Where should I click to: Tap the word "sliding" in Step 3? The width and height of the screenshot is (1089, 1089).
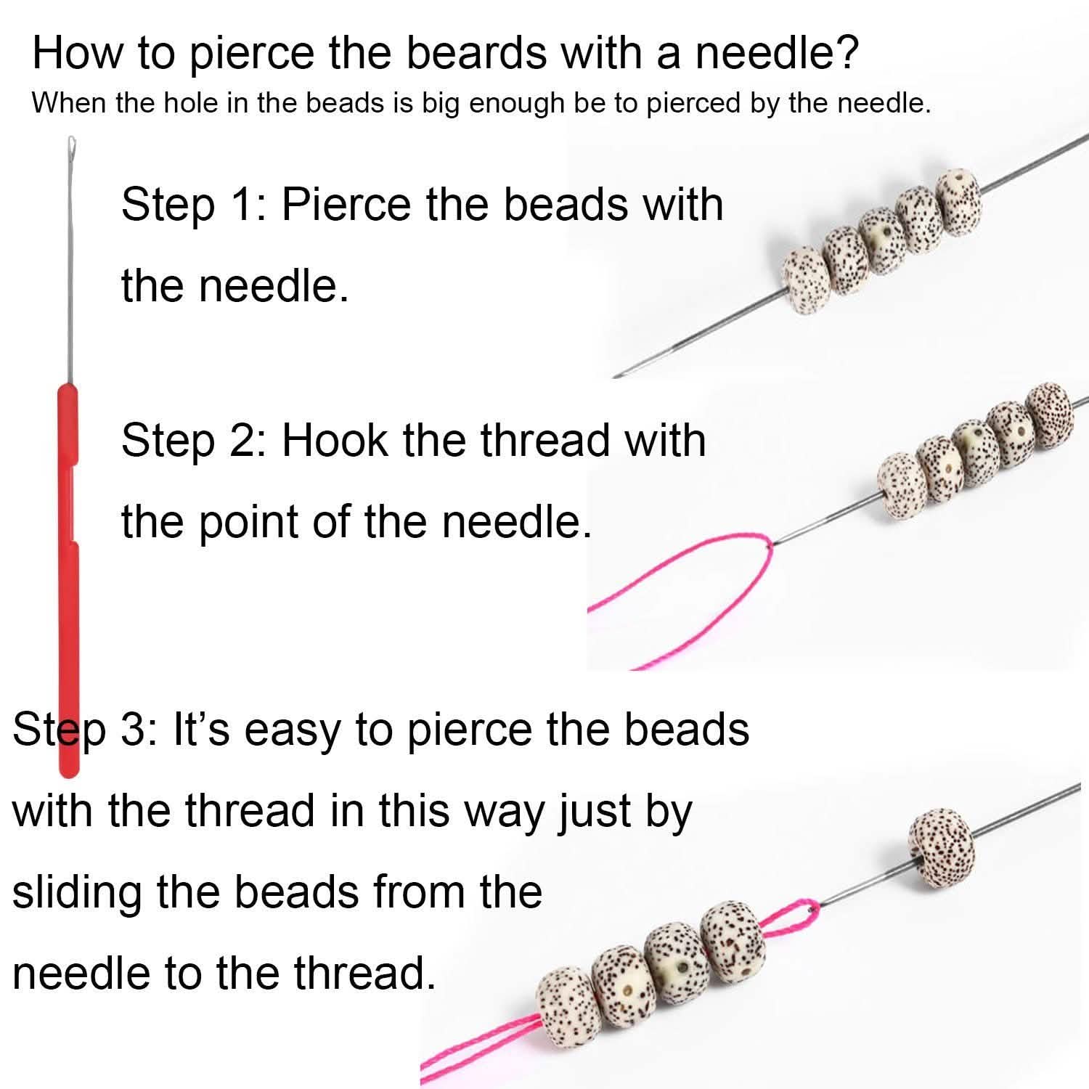[x=76, y=892]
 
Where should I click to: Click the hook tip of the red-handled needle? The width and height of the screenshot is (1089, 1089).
[x=71, y=143]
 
